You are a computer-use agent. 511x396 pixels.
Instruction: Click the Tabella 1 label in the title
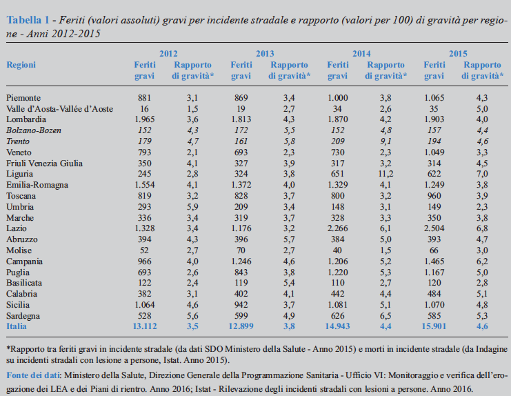click(x=28, y=20)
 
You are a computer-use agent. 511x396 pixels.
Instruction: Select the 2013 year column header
click(x=265, y=54)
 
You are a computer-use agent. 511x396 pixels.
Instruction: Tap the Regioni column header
click(x=21, y=65)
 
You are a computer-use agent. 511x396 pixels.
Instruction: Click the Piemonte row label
click(x=23, y=98)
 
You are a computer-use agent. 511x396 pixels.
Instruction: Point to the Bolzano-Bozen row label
click(x=34, y=130)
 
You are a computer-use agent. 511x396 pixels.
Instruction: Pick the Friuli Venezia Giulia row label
click(x=44, y=163)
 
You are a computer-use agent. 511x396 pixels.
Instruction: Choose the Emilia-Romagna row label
click(x=37, y=185)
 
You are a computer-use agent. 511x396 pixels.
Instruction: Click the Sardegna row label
click(x=23, y=316)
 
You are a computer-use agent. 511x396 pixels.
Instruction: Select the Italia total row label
click(x=17, y=326)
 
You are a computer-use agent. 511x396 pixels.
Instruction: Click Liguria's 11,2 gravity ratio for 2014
click(x=385, y=174)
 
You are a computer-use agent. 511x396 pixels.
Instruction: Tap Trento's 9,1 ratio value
click(x=385, y=141)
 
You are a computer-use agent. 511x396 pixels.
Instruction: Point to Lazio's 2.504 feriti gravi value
click(x=434, y=228)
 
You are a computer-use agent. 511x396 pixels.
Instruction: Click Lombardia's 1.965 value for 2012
click(x=144, y=119)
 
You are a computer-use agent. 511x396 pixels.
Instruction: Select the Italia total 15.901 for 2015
click(x=434, y=326)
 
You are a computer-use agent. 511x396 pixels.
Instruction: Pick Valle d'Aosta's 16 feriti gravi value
click(x=144, y=108)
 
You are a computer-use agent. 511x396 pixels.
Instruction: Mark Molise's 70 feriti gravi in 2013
click(x=241, y=250)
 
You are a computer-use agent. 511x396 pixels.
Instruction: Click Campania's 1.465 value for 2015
click(x=434, y=261)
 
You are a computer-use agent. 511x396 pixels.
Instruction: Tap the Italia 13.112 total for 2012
click(x=144, y=326)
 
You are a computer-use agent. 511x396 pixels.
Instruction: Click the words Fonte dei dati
click(x=33, y=375)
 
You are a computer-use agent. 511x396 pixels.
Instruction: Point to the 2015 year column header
click(x=458, y=54)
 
